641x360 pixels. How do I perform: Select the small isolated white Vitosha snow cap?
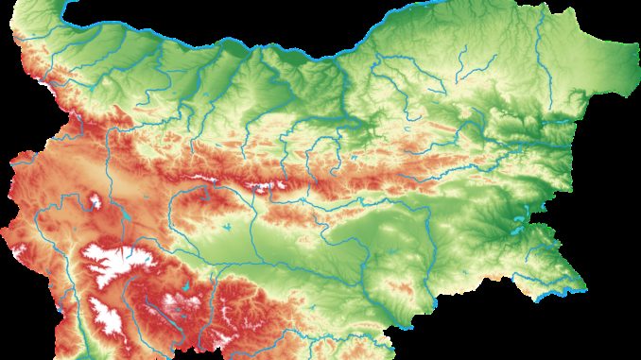coord(94,200)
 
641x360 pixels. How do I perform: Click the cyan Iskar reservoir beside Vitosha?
coord(124,218)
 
